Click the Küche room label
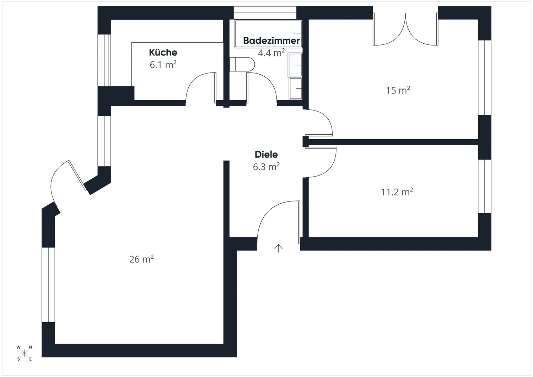(x=163, y=52)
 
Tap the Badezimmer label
(x=271, y=41)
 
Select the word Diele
(x=266, y=155)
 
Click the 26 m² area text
(x=141, y=259)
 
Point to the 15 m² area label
(x=398, y=90)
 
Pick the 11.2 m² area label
(x=397, y=192)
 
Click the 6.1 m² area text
(x=163, y=65)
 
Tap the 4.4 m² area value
(x=271, y=53)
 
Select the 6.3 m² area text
(x=266, y=167)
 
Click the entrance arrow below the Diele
(x=278, y=248)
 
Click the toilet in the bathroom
(x=242, y=64)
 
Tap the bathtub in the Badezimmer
(x=268, y=34)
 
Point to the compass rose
(x=24, y=353)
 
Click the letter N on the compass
(x=31, y=347)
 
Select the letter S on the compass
(x=18, y=359)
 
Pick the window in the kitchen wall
(x=104, y=60)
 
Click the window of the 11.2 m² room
(x=485, y=186)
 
